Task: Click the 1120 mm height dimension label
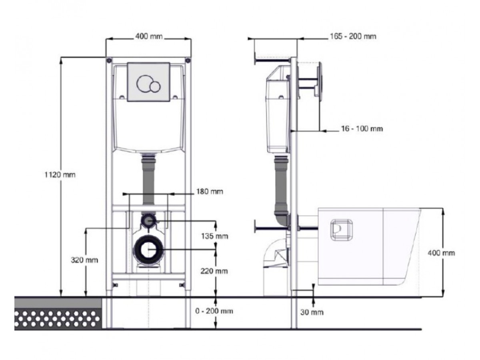coord(60,175)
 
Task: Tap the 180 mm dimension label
coord(209,192)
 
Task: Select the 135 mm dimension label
coord(214,236)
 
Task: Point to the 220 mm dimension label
coord(214,271)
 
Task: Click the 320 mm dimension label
coord(84,260)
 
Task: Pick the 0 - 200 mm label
coord(214,311)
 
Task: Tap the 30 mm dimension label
coord(312,312)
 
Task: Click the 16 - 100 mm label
coord(362,129)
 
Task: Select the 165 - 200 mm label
coord(353,36)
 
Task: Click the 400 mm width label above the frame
coord(149,36)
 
